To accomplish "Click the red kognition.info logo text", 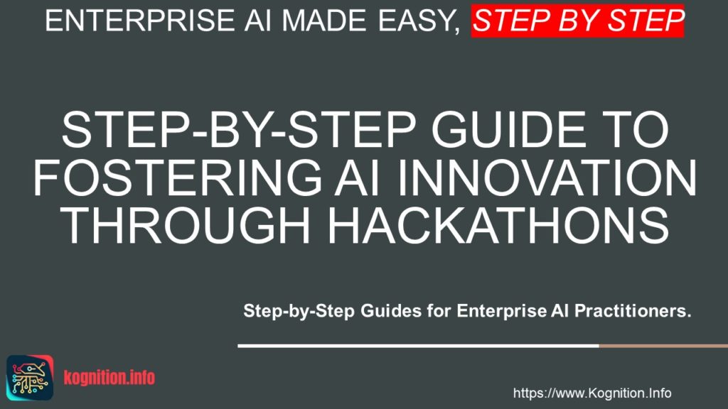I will coord(109,378).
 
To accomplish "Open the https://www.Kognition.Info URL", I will coord(591,393).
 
